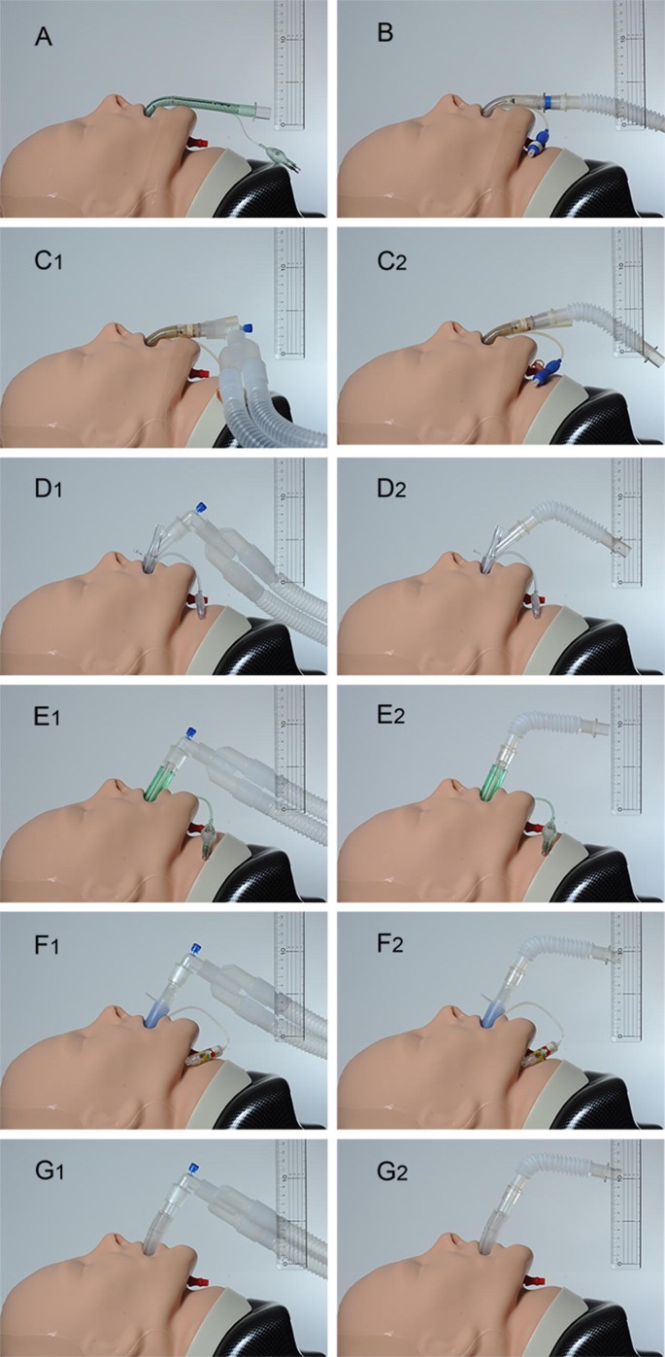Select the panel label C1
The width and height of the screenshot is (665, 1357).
tap(46, 266)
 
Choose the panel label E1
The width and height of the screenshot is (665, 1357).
tap(46, 722)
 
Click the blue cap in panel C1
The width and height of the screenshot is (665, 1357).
tap(249, 328)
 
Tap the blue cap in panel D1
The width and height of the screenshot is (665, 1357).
tap(201, 506)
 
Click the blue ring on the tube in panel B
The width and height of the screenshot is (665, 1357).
tap(549, 100)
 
